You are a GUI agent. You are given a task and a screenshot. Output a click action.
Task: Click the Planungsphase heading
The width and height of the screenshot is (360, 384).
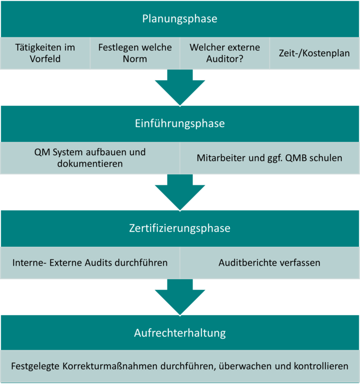coord(180,19)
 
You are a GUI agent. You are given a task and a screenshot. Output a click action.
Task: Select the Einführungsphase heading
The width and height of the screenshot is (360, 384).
coord(180,124)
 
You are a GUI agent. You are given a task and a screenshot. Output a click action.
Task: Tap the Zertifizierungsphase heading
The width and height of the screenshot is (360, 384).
coord(180,229)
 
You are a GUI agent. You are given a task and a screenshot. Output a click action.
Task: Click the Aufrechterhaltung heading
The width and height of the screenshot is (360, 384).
coord(180,333)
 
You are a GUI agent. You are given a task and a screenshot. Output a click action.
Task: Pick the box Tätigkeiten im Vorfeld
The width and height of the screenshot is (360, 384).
coord(45,53)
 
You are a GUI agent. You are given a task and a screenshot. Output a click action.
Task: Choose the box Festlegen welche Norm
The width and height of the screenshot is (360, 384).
coord(135,53)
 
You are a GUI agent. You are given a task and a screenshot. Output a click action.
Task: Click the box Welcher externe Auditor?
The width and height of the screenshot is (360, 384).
coord(225,53)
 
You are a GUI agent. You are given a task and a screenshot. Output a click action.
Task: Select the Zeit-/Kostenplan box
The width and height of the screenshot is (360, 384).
coord(315,53)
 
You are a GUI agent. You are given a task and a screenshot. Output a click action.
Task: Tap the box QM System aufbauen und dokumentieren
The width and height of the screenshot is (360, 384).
coord(90,158)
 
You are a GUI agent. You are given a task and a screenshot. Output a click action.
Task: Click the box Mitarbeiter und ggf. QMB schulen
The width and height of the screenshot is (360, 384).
coord(270,158)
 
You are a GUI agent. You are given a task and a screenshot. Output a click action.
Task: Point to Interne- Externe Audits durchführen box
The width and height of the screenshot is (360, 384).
coord(90,262)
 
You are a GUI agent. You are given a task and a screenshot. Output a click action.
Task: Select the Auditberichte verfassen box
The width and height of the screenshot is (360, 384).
coord(270,262)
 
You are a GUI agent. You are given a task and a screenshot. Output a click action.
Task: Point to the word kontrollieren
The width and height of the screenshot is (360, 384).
coord(323,366)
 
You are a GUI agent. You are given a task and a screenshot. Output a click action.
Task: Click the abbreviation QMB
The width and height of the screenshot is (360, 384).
coord(293,158)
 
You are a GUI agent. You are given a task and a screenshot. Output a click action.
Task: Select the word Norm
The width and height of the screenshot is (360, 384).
coord(135,59)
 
